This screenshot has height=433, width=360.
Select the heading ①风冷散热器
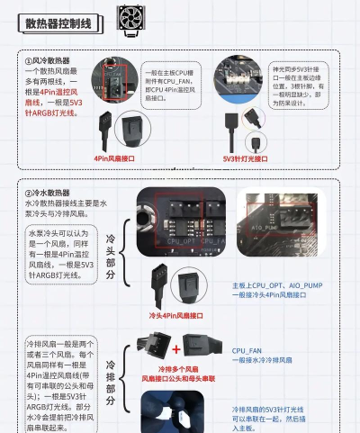52,60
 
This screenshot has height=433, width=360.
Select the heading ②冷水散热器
52,193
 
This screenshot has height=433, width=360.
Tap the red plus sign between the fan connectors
175,347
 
